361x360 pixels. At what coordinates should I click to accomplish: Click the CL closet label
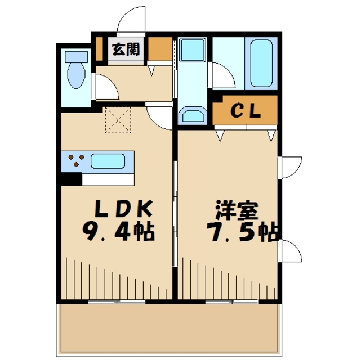(x=246, y=110)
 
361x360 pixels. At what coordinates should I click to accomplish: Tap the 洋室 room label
(x=236, y=210)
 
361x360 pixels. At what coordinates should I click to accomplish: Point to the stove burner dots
(x=74, y=161)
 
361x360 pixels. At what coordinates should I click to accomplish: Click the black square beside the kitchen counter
(x=71, y=179)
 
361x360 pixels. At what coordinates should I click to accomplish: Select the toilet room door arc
(x=104, y=87)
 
